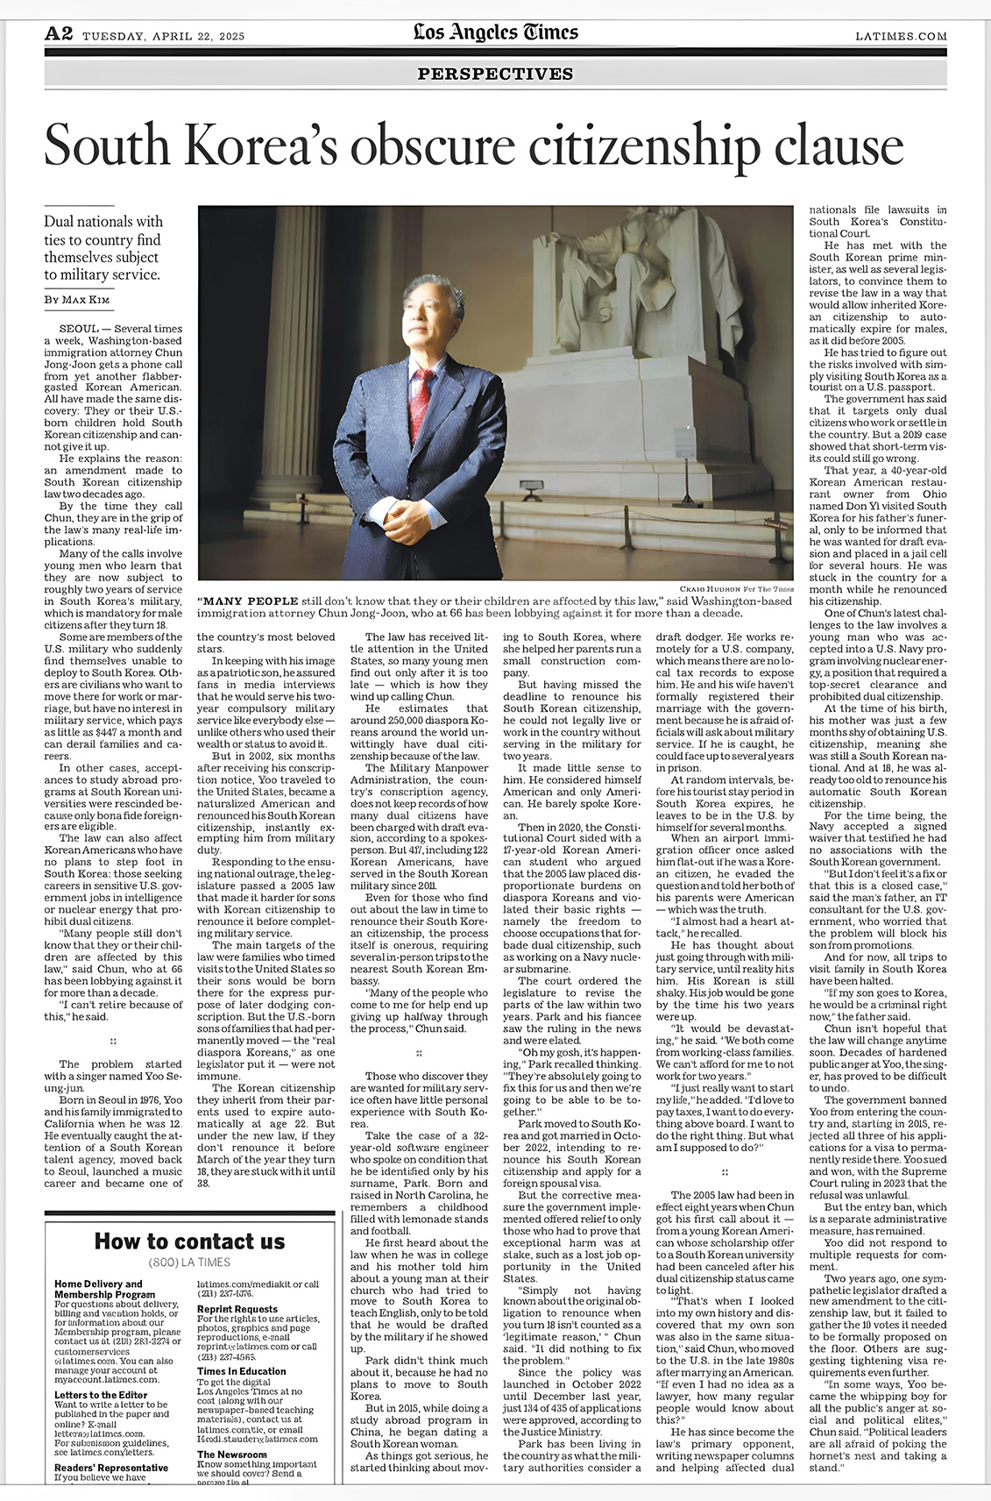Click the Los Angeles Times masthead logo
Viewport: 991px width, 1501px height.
[495, 33]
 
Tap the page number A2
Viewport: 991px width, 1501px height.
[58, 34]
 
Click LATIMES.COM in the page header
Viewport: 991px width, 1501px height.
[901, 36]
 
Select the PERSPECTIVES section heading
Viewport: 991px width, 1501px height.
[495, 74]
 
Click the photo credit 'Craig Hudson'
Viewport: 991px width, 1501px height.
[717, 587]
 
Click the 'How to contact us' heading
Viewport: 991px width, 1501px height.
[189, 1241]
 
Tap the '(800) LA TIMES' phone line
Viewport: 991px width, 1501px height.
[189, 1263]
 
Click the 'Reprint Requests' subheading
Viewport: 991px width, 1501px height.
[237, 1308]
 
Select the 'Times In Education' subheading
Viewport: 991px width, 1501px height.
[241, 1370]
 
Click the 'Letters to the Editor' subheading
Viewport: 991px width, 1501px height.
[101, 1394]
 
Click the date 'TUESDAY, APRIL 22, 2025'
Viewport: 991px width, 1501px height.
[163, 36]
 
